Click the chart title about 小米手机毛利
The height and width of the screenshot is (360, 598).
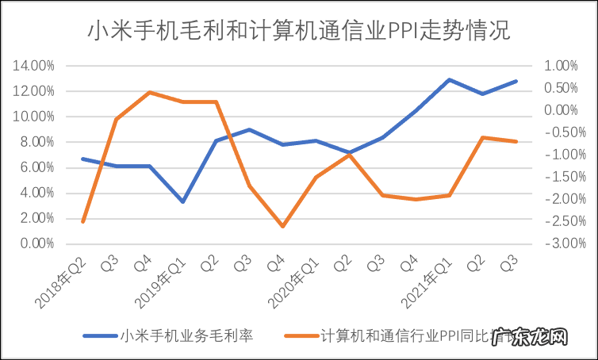click(299, 31)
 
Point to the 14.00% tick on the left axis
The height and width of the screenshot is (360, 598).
click(33, 66)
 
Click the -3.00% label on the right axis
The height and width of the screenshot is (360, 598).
click(561, 243)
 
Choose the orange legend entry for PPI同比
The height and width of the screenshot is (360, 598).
click(397, 335)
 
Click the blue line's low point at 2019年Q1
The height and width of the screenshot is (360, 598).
click(182, 201)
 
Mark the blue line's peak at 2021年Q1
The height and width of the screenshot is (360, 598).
click(449, 79)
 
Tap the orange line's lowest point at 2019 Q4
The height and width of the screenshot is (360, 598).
click(282, 226)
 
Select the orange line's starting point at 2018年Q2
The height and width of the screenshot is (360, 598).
click(82, 221)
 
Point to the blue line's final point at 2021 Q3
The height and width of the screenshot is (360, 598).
click(516, 81)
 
